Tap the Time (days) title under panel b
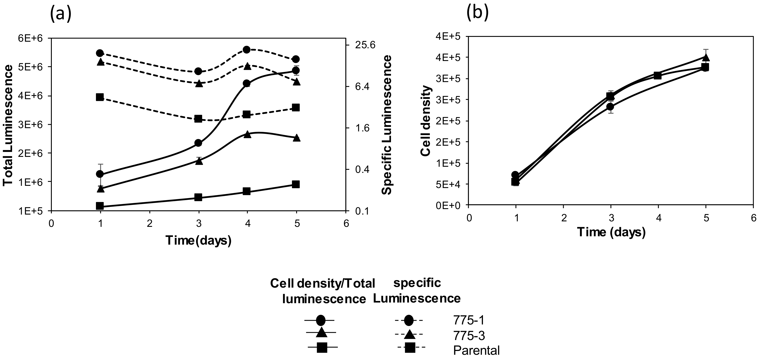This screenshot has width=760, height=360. click(611, 233)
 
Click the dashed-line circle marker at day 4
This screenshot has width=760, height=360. click(247, 50)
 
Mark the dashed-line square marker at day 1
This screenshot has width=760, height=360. click(100, 97)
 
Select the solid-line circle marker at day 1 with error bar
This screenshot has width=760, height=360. click(100, 174)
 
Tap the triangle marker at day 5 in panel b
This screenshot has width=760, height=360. click(705, 57)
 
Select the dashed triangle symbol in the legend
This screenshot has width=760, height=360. click(409, 334)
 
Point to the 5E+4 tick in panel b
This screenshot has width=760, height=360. click(450, 184)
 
